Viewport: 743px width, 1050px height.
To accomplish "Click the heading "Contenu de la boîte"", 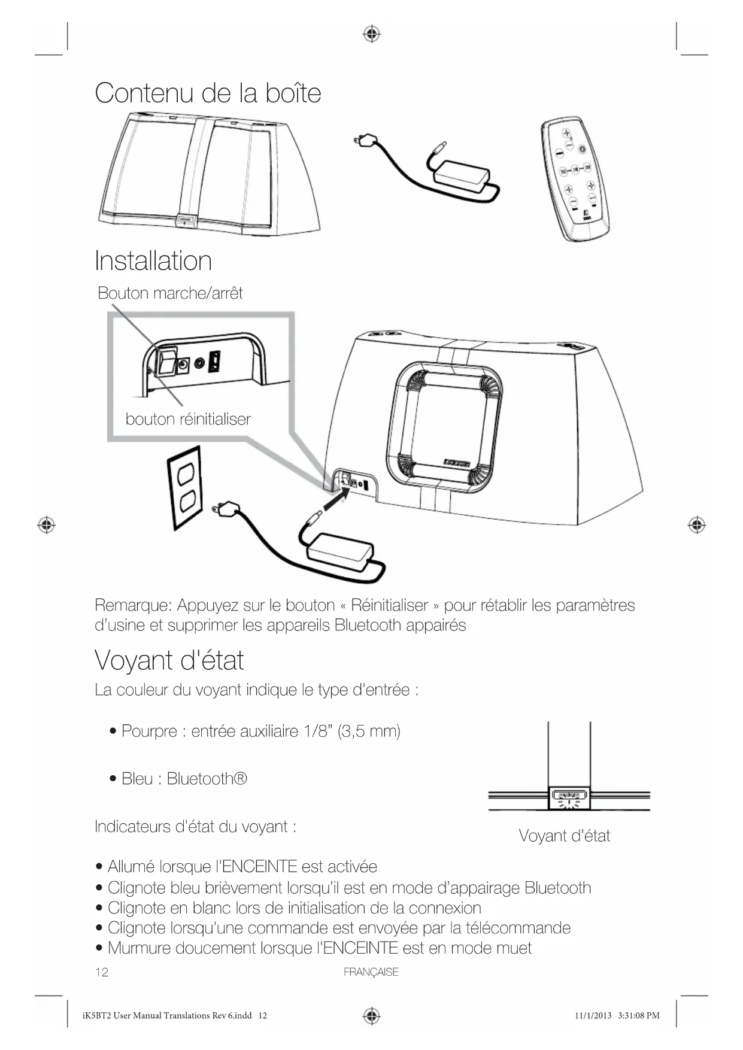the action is [208, 93].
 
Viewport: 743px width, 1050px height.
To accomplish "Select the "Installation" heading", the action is [153, 261].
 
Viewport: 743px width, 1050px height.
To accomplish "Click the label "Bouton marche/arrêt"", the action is [170, 293].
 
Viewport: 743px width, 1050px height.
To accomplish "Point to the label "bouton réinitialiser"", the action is [188, 419].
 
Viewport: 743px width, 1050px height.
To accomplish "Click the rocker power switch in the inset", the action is [166, 362].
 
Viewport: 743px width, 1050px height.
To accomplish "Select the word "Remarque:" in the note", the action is [133, 605].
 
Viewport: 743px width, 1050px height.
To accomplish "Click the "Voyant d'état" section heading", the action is [169, 660].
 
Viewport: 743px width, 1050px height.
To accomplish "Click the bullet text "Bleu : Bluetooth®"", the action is [184, 778].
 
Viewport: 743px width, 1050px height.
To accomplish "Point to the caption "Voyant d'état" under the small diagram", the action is [564, 836].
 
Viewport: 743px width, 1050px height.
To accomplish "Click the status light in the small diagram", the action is [569, 796].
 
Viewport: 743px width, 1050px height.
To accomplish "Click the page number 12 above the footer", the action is [102, 972].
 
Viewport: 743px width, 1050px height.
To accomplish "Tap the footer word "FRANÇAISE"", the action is [371, 972].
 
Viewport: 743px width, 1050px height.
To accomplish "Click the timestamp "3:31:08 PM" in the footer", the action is [638, 1015].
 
